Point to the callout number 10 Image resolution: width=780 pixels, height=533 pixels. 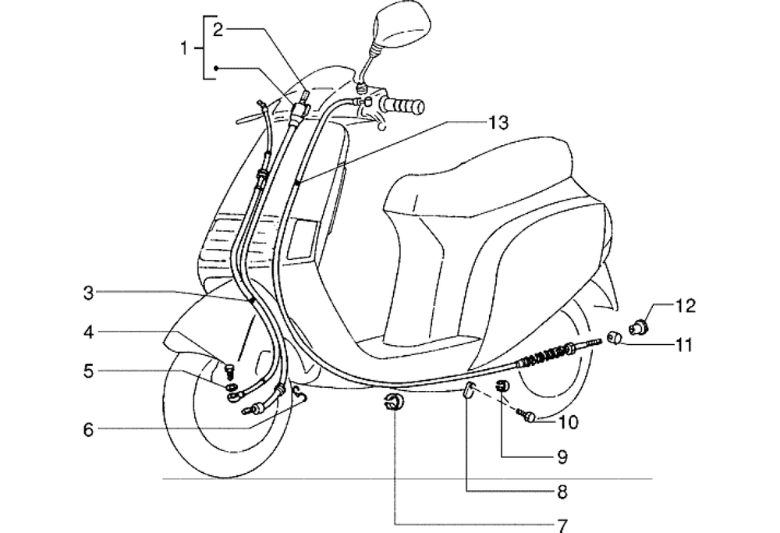(x=569, y=422)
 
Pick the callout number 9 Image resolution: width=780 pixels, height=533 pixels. (x=562, y=457)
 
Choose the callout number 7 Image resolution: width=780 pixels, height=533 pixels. (x=562, y=525)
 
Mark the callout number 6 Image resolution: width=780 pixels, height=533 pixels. (x=88, y=428)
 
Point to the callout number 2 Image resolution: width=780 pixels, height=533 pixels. (x=218, y=30)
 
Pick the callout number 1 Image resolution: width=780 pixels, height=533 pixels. (x=184, y=48)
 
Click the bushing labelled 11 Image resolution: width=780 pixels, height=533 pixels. (x=614, y=337)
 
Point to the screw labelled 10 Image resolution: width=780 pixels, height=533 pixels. (x=528, y=418)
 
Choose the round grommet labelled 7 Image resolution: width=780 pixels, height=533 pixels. (x=393, y=403)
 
